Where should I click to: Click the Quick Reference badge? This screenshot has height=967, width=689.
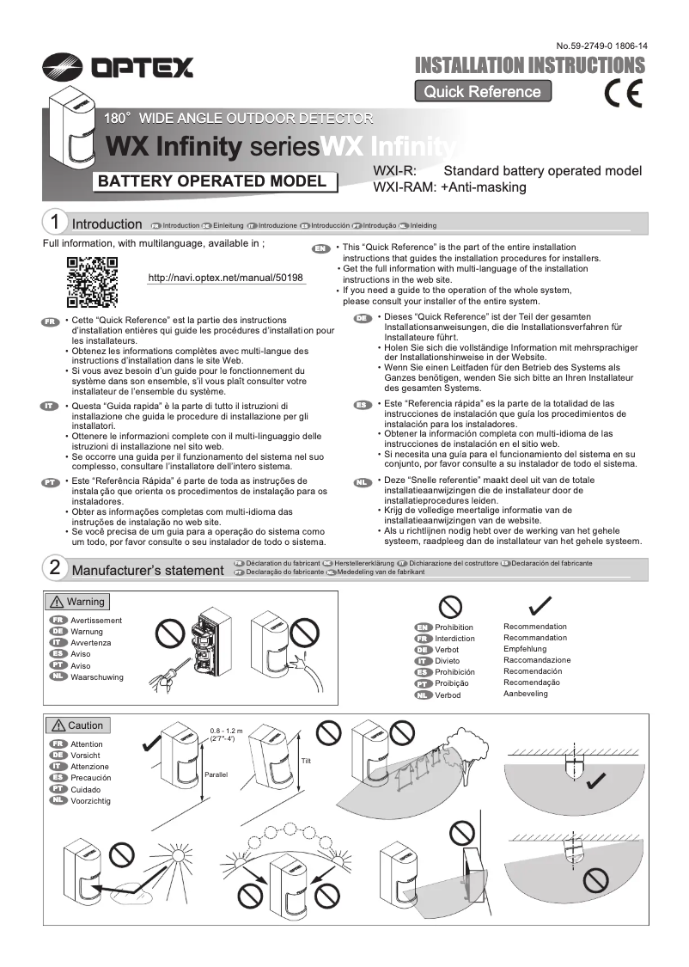coord(482,92)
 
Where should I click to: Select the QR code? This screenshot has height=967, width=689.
coord(92,282)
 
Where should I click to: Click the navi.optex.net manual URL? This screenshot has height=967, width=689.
coord(226,278)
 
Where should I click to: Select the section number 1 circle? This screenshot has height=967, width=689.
coord(55,223)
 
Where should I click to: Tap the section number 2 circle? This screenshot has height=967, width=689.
coord(55,568)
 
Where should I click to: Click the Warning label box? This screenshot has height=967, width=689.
coord(77,602)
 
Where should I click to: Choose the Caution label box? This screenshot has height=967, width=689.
coord(77,725)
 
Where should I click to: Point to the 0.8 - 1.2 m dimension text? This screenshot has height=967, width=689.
coord(227,731)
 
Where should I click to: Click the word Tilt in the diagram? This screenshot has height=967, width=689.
coord(306,760)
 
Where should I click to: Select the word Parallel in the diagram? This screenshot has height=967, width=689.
coord(216,774)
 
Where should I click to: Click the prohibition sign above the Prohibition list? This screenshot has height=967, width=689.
coord(449,607)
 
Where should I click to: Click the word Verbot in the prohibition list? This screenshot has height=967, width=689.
coord(447,650)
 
